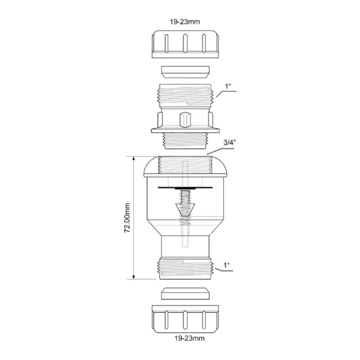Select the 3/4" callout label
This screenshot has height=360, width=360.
click(x=229, y=142)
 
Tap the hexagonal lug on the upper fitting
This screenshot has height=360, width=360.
click(x=185, y=119)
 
